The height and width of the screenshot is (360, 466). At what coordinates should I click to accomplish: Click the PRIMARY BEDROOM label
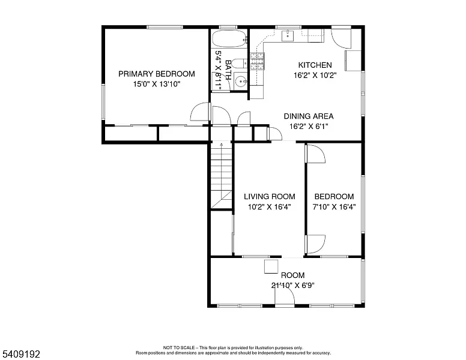[x=156, y=74]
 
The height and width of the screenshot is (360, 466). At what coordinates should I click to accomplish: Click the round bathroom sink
[x=241, y=81]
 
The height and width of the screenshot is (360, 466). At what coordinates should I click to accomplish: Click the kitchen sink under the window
[x=288, y=36]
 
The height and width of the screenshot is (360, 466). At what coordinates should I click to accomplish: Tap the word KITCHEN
[x=315, y=65]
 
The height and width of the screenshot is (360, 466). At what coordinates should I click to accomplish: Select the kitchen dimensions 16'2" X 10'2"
[x=315, y=76]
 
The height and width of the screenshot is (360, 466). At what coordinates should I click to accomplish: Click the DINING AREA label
[x=308, y=116]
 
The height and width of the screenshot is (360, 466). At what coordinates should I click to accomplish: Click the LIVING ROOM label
[x=269, y=196]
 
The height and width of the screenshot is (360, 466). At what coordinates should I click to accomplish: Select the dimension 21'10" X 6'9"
[x=292, y=286]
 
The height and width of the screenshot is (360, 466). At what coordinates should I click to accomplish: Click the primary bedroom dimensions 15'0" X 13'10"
[x=156, y=85]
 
